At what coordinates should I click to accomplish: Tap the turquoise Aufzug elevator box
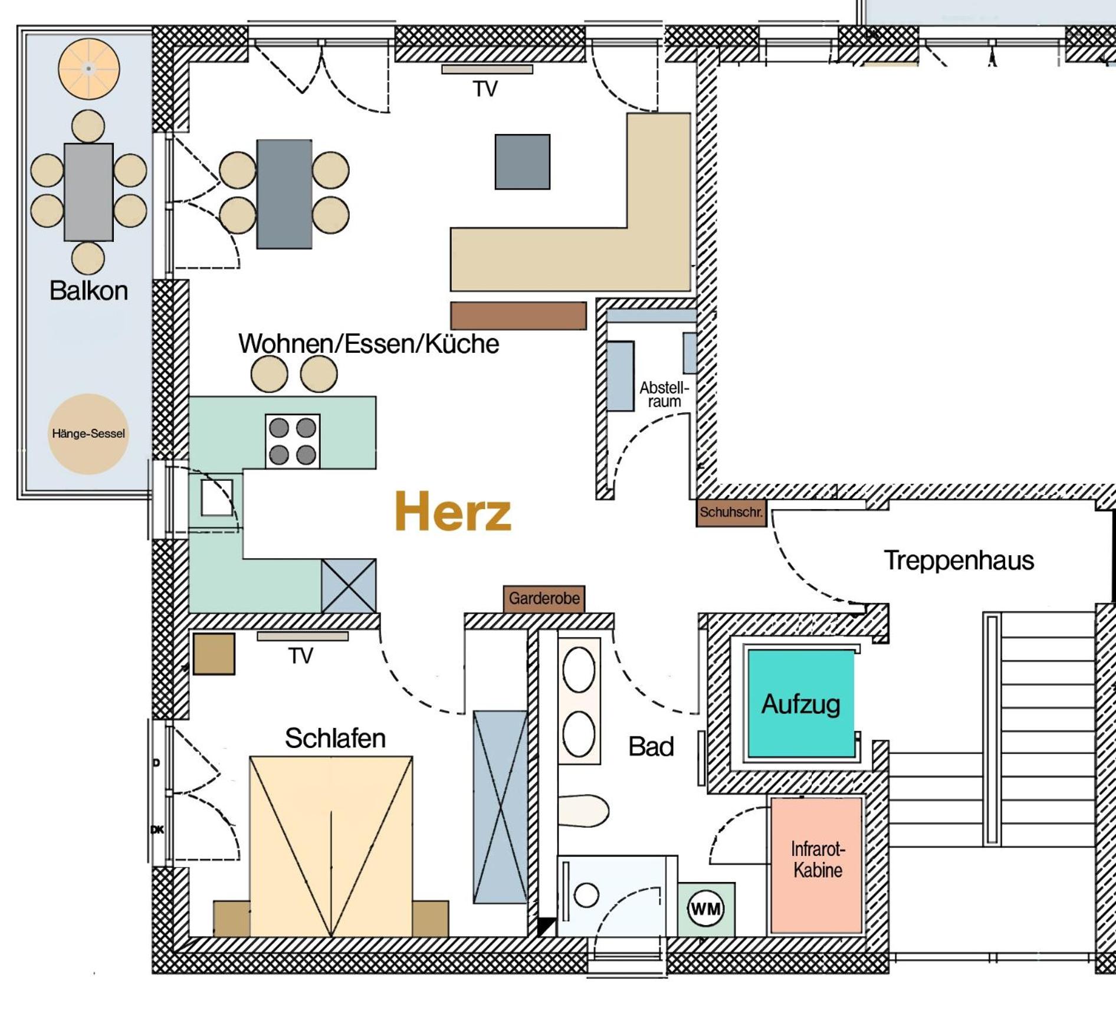[x=801, y=703]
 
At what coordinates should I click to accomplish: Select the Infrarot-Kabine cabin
[x=817, y=865]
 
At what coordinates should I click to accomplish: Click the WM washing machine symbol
[x=705, y=909]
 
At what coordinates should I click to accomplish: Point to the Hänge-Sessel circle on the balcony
[x=88, y=434]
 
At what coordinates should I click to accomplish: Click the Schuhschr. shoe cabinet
[x=731, y=512]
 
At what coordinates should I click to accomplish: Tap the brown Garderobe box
[x=544, y=599]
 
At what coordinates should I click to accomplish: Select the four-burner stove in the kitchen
[x=293, y=441]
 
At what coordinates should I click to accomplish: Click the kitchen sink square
[x=216, y=498]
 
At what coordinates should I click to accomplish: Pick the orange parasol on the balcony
[x=89, y=68]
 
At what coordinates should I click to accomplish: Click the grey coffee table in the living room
[x=523, y=162]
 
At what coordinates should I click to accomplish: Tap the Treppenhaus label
[x=959, y=560]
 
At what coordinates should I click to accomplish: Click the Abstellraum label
[x=664, y=394]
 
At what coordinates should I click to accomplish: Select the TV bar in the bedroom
[x=303, y=636]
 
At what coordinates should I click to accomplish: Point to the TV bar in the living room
[x=487, y=69]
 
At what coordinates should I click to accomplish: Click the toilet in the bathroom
[x=583, y=811]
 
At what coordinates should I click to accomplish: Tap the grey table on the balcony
[x=88, y=192]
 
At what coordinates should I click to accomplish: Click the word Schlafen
[x=335, y=738]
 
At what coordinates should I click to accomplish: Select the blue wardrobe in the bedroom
[x=500, y=806]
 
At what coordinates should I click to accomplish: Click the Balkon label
[x=88, y=290]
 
